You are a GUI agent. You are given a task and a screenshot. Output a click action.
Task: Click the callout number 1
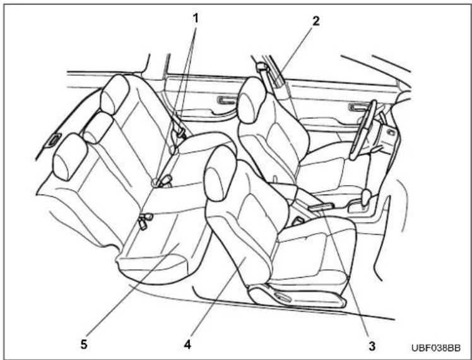[196, 18]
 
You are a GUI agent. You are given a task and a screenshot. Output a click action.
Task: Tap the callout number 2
[316, 21]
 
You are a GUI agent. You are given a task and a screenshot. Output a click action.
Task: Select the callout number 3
[372, 346]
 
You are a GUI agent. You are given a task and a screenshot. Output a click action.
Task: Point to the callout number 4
[187, 345]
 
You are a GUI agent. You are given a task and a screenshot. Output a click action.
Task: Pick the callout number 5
[84, 344]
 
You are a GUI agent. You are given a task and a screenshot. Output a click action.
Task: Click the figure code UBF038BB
[436, 348]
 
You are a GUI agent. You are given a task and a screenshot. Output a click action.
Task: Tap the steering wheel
[363, 130]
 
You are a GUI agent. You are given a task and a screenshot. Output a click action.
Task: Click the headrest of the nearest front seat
[220, 173]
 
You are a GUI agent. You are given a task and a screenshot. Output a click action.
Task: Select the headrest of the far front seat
[252, 100]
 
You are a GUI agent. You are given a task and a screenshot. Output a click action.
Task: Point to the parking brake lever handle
[321, 207]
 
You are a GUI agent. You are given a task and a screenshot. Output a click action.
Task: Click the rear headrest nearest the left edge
[69, 157]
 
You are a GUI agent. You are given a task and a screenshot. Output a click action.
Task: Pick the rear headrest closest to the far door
[114, 94]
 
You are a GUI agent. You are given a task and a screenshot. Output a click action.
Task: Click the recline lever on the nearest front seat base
[281, 297]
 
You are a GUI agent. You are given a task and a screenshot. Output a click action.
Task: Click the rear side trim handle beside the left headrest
[54, 140]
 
